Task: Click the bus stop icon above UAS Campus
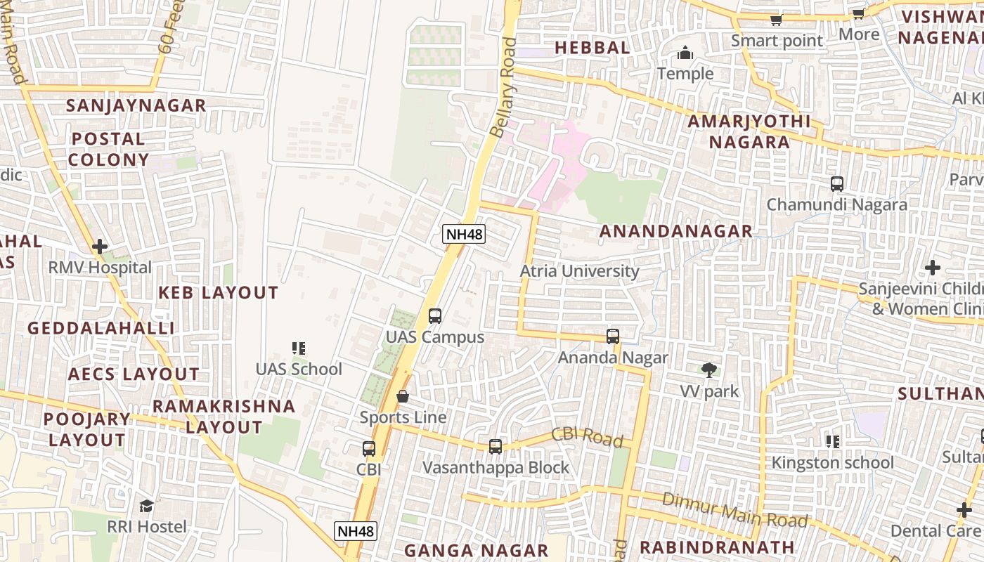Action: click(435, 316)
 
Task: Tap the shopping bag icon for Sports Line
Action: click(403, 397)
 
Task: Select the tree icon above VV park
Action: click(709, 370)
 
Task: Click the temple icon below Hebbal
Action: click(685, 53)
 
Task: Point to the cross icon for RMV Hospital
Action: click(100, 247)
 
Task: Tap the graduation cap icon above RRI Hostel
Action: click(146, 506)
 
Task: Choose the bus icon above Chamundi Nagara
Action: click(836, 184)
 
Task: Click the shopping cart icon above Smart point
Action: click(776, 20)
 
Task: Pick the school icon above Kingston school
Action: click(833, 442)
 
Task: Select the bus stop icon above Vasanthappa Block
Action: click(496, 447)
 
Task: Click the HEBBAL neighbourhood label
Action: click(593, 48)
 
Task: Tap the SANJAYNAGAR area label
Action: click(136, 105)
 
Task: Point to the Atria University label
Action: click(580, 271)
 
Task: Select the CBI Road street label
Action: click(587, 437)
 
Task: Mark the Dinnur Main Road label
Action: click(734, 511)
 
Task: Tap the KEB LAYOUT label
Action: click(219, 293)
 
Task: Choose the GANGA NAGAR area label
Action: click(476, 550)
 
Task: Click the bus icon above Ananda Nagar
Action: click(613, 336)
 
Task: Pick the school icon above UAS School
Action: click(299, 348)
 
